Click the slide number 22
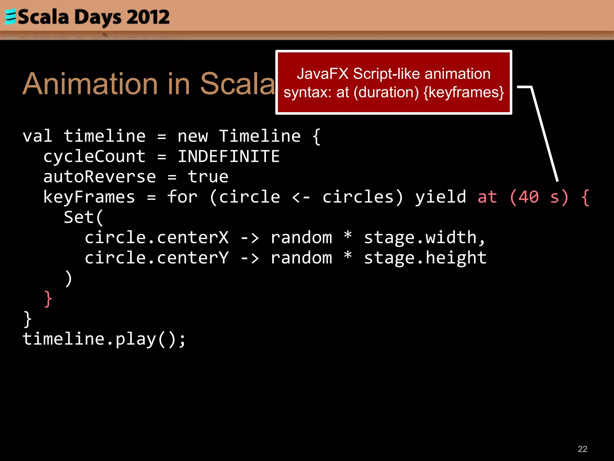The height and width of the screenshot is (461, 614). point(582,449)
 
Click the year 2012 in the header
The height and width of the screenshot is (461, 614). point(148,17)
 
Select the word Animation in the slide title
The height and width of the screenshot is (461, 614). point(90,84)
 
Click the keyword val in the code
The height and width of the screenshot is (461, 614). point(38,136)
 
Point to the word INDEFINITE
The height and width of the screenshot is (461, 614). point(229,157)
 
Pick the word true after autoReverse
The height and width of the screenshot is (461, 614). point(208,177)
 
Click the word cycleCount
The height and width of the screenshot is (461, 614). point(94,157)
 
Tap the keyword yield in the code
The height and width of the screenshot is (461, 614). point(440,197)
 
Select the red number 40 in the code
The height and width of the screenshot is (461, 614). point(529,197)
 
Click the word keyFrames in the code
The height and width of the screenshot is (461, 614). point(89,197)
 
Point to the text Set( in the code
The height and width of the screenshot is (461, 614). point(84,217)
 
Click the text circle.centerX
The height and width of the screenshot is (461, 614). point(156,238)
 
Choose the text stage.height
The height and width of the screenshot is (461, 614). point(425,258)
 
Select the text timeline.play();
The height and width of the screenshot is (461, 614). point(104,339)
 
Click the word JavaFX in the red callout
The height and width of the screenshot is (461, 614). point(323,74)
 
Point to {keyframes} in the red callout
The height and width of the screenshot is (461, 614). point(463,92)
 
